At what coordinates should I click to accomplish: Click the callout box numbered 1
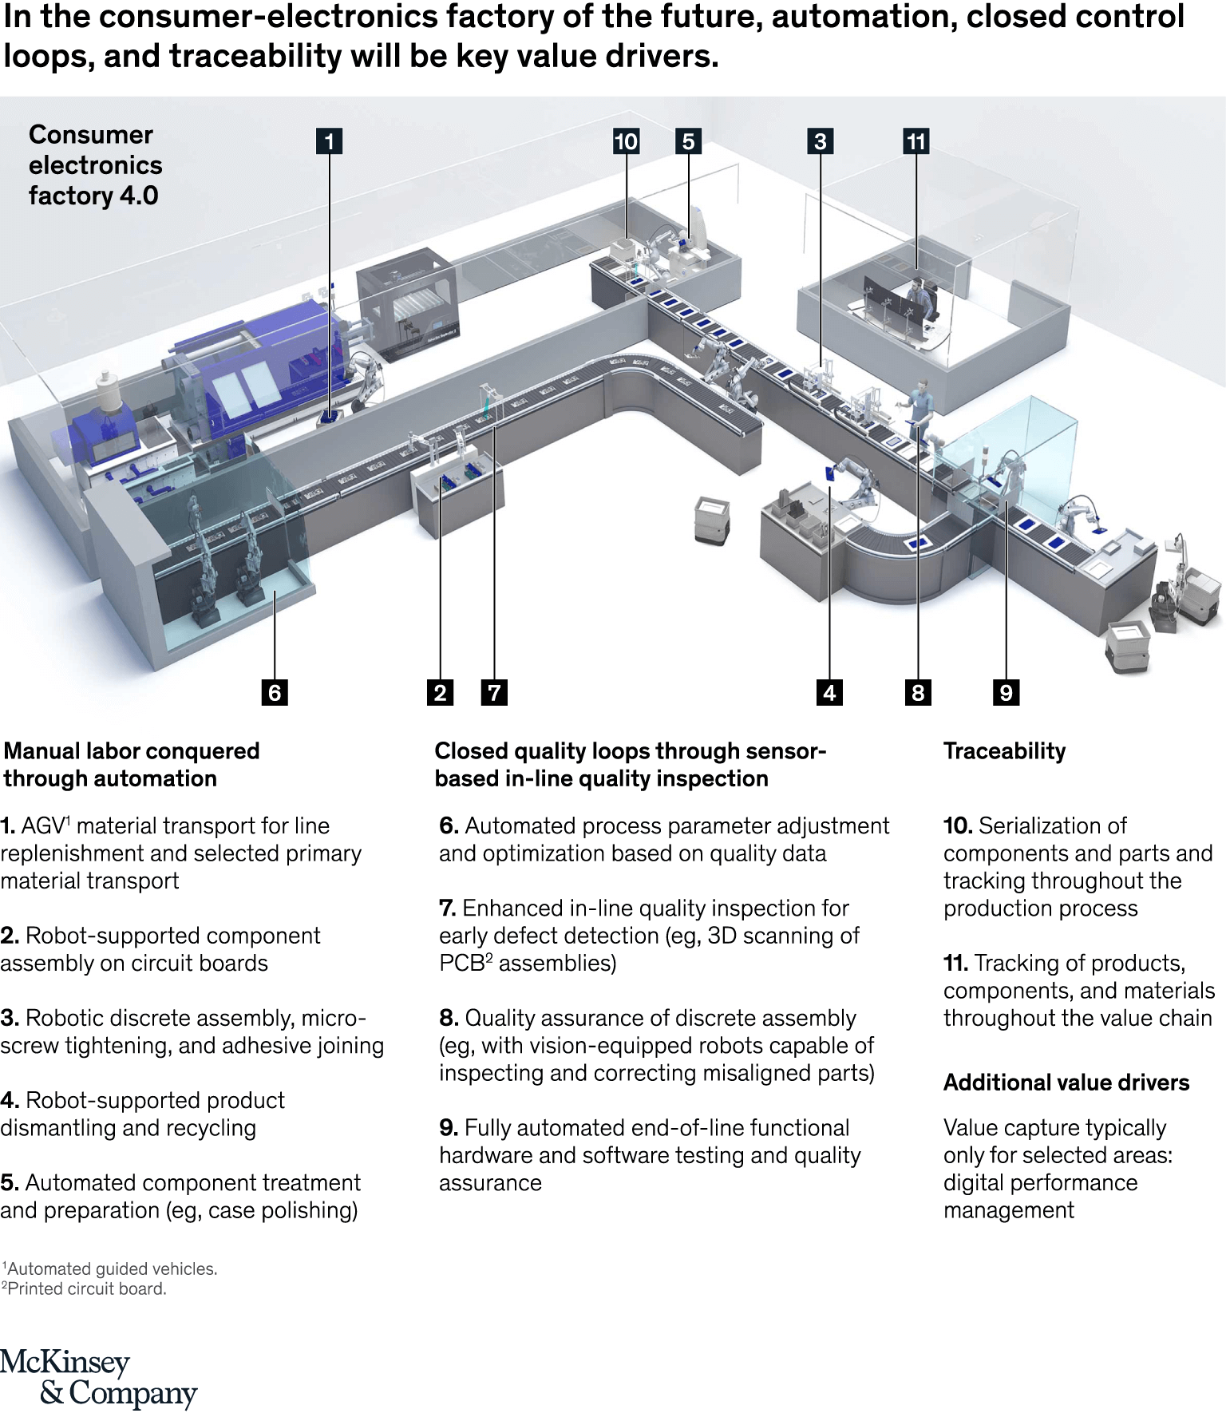(x=329, y=141)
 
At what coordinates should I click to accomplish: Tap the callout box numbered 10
(x=626, y=141)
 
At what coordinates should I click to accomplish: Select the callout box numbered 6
(x=275, y=692)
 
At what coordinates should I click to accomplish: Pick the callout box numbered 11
(x=916, y=141)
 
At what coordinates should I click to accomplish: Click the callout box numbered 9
(x=1006, y=692)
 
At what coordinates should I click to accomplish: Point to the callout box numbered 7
(x=494, y=692)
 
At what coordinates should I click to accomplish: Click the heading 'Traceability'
(x=1004, y=751)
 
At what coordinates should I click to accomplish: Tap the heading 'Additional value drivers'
(x=1066, y=1083)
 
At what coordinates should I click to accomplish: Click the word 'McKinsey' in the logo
(x=65, y=1362)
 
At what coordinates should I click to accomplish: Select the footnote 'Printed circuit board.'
(x=86, y=1288)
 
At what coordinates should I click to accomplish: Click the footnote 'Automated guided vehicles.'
(x=112, y=1269)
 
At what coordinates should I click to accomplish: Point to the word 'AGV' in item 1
(x=42, y=826)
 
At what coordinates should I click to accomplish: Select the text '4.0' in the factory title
(x=139, y=196)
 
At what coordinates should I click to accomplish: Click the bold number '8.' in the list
(x=449, y=1018)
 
